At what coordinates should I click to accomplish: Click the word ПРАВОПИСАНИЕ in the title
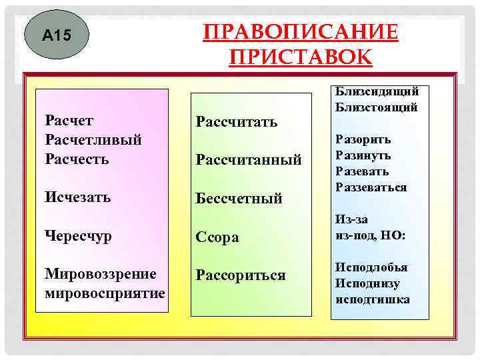tap(300, 33)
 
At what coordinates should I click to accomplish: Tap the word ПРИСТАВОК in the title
tap(300, 56)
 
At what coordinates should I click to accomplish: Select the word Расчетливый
tap(93, 140)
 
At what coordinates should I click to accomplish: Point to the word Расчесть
tap(77, 159)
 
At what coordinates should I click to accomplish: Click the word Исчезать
tap(77, 197)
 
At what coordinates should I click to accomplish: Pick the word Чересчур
tap(78, 237)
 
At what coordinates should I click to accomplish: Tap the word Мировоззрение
tap(100, 274)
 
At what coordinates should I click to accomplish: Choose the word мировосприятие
tap(105, 293)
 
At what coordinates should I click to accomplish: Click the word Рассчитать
tap(237, 121)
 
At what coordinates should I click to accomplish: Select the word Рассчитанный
tap(249, 159)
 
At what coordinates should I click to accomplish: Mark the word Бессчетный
tap(239, 198)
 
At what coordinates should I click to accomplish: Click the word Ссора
tap(217, 237)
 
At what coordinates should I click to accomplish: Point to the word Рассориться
tap(240, 275)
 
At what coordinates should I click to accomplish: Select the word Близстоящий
tap(376, 106)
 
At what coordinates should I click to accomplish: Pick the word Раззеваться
tap(371, 187)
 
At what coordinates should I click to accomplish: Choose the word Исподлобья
tap(371, 267)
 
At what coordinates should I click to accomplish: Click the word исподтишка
tap(372, 299)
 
